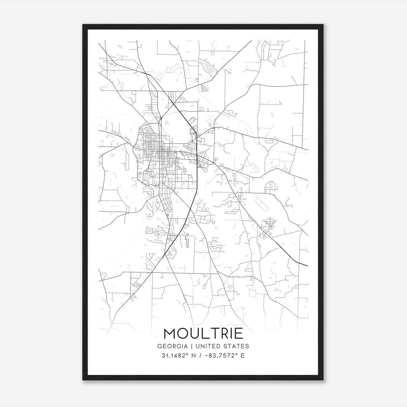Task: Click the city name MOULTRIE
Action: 203,333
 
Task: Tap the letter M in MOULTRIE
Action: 170,333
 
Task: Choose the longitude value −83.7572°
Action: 221,356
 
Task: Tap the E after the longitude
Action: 243,356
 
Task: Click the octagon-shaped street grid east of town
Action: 269,223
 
